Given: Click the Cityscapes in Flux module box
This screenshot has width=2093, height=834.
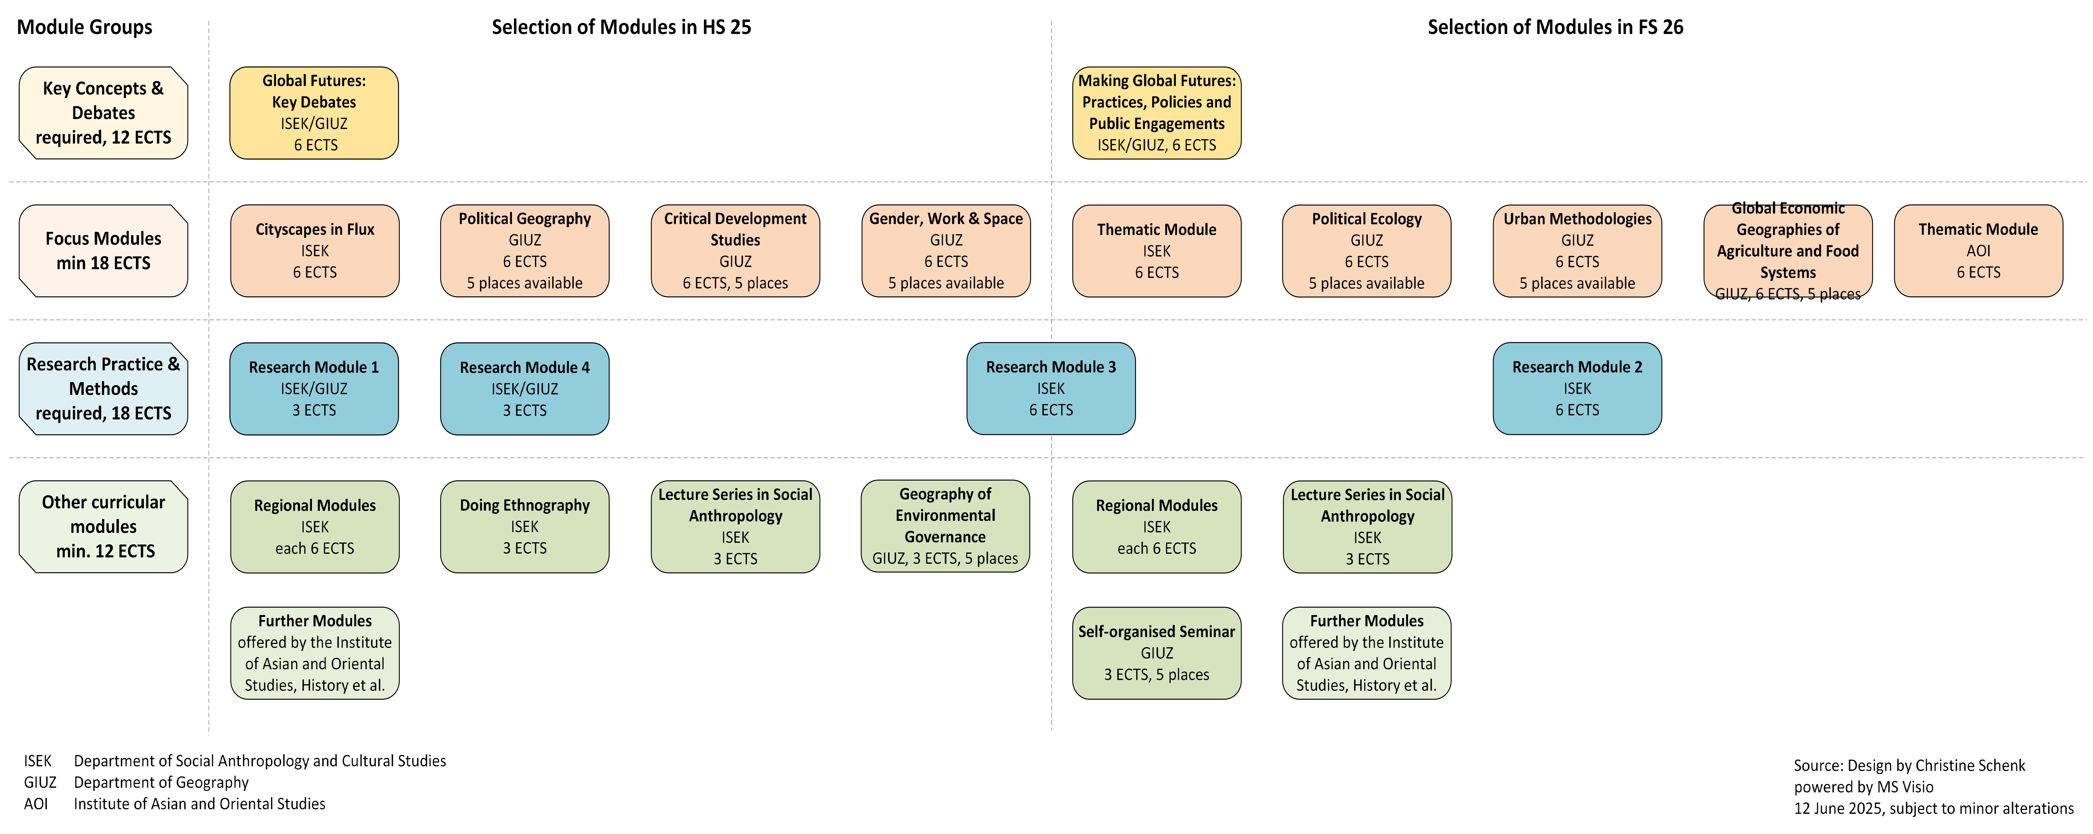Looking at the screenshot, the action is click(x=315, y=251).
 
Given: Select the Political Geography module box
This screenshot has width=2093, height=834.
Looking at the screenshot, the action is click(x=525, y=251).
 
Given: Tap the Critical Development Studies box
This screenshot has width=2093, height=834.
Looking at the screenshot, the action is click(x=735, y=251).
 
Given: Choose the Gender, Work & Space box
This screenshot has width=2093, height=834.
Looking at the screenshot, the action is click(x=946, y=251).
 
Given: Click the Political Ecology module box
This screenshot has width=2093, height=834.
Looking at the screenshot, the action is click(x=1367, y=251).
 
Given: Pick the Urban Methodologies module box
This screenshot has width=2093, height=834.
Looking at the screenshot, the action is click(x=1577, y=251).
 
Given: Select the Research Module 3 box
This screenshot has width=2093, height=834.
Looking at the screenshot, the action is click(x=1051, y=388).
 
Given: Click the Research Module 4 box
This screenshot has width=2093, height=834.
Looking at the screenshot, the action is click(x=525, y=388).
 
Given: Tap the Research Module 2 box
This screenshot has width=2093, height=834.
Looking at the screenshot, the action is click(x=1577, y=388).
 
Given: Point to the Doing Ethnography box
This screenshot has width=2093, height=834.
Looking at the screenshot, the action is click(x=525, y=526).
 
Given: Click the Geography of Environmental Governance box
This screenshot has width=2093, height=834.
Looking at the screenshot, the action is click(x=946, y=526).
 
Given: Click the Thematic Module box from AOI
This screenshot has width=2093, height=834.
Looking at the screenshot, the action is click(x=1979, y=251).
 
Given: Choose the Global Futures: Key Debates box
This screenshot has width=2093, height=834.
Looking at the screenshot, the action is click(x=315, y=113).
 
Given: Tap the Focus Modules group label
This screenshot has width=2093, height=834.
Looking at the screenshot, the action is click(x=103, y=251).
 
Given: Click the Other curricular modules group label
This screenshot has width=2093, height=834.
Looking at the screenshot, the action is click(x=103, y=526).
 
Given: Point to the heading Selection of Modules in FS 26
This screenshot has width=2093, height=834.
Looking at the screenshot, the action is click(x=1555, y=27).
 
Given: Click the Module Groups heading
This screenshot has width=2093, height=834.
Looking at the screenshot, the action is click(x=85, y=27).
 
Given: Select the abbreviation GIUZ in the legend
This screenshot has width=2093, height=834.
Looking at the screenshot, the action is click(x=40, y=782).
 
